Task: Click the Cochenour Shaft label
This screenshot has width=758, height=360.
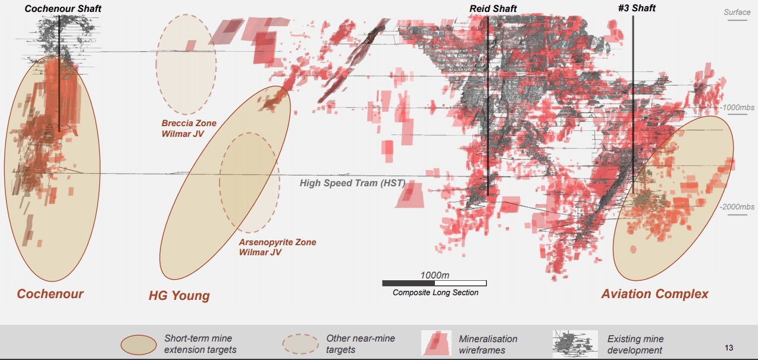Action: pos(62,8)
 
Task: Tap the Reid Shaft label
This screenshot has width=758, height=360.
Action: pos(493,8)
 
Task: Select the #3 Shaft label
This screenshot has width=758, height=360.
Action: pos(637,8)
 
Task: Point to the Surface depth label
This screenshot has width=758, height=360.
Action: pos(737,12)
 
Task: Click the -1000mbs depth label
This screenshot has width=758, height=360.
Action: pos(738,108)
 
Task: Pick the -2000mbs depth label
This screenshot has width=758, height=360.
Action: pos(737,206)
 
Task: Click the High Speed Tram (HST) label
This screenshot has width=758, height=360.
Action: pos(352,183)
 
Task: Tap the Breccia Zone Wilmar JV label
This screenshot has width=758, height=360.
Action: pos(189,129)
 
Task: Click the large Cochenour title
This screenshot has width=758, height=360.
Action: pos(50,294)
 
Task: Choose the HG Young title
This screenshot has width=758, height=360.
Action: pos(179,296)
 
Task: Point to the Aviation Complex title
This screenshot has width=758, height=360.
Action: pos(654,294)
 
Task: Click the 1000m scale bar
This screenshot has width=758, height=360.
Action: pos(434,283)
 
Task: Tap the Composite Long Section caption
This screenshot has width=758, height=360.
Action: pos(435,292)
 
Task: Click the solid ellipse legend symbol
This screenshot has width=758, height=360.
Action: pos(139,344)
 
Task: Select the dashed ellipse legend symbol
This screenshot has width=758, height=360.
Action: pos(300,344)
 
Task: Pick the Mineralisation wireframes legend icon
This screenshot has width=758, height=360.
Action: pos(436,343)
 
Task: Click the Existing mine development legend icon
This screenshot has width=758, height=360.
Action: pos(575,343)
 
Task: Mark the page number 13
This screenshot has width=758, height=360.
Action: pos(729,348)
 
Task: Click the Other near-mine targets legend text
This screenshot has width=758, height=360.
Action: pos(360,344)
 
